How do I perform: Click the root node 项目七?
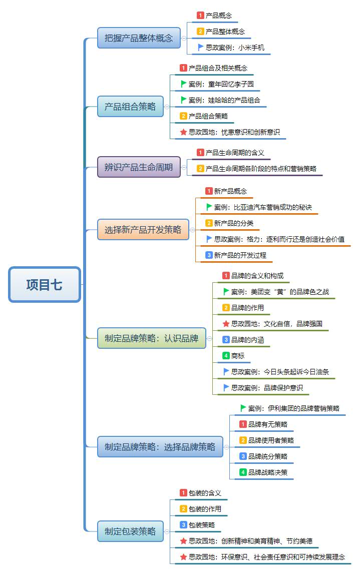coord(45,285)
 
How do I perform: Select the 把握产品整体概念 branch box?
coord(139,38)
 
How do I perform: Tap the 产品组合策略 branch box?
coord(130,107)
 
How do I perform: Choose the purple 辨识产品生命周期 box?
coord(138,167)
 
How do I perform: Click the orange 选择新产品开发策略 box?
coord(143,230)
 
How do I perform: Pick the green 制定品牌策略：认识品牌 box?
coord(152,338)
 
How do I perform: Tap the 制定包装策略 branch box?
coord(130,531)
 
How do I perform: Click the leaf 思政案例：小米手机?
coord(235,48)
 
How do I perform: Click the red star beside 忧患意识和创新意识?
coord(183,132)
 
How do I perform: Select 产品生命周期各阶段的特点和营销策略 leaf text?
coord(261,169)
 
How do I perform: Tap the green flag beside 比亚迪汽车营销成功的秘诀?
coord(209,207)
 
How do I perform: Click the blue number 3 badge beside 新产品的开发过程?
coord(209,255)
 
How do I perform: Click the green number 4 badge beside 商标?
coord(226,356)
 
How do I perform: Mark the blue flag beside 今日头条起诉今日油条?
coord(226,372)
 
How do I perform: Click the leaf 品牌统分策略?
coord(268,456)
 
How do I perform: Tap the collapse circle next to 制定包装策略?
coord(167,531)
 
